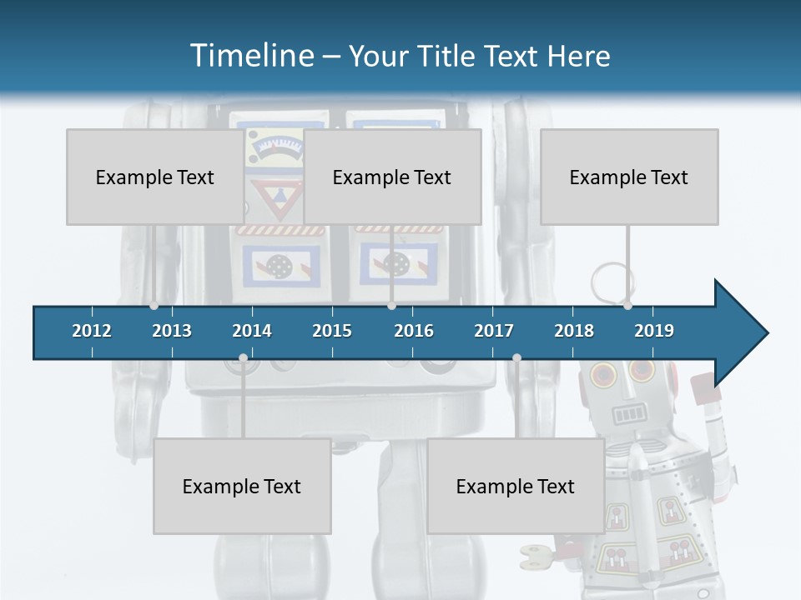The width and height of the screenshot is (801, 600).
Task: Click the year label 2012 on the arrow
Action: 92,331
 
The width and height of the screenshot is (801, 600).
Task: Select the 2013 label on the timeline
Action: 172,331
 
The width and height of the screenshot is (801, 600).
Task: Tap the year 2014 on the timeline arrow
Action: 252,331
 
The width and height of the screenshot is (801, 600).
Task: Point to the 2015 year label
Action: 332,331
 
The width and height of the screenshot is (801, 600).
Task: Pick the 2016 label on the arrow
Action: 414,331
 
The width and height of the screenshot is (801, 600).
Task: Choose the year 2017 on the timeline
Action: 494,331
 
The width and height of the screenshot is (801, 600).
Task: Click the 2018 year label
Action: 574,331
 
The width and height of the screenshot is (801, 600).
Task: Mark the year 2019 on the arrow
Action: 654,331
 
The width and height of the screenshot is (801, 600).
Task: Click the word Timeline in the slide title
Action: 250,56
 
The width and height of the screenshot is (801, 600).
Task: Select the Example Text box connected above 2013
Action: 155,177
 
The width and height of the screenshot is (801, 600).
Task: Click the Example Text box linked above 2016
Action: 392,177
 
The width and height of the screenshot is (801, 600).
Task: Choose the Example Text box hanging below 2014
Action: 242,486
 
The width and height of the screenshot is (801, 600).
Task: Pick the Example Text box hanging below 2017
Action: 516,486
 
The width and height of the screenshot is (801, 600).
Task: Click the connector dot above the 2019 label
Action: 627,306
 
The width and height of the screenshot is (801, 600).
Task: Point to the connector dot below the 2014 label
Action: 243,358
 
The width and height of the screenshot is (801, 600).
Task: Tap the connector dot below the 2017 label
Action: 516,358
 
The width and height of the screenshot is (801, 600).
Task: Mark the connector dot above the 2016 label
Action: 391,306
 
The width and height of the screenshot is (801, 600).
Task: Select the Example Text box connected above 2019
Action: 629,177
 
